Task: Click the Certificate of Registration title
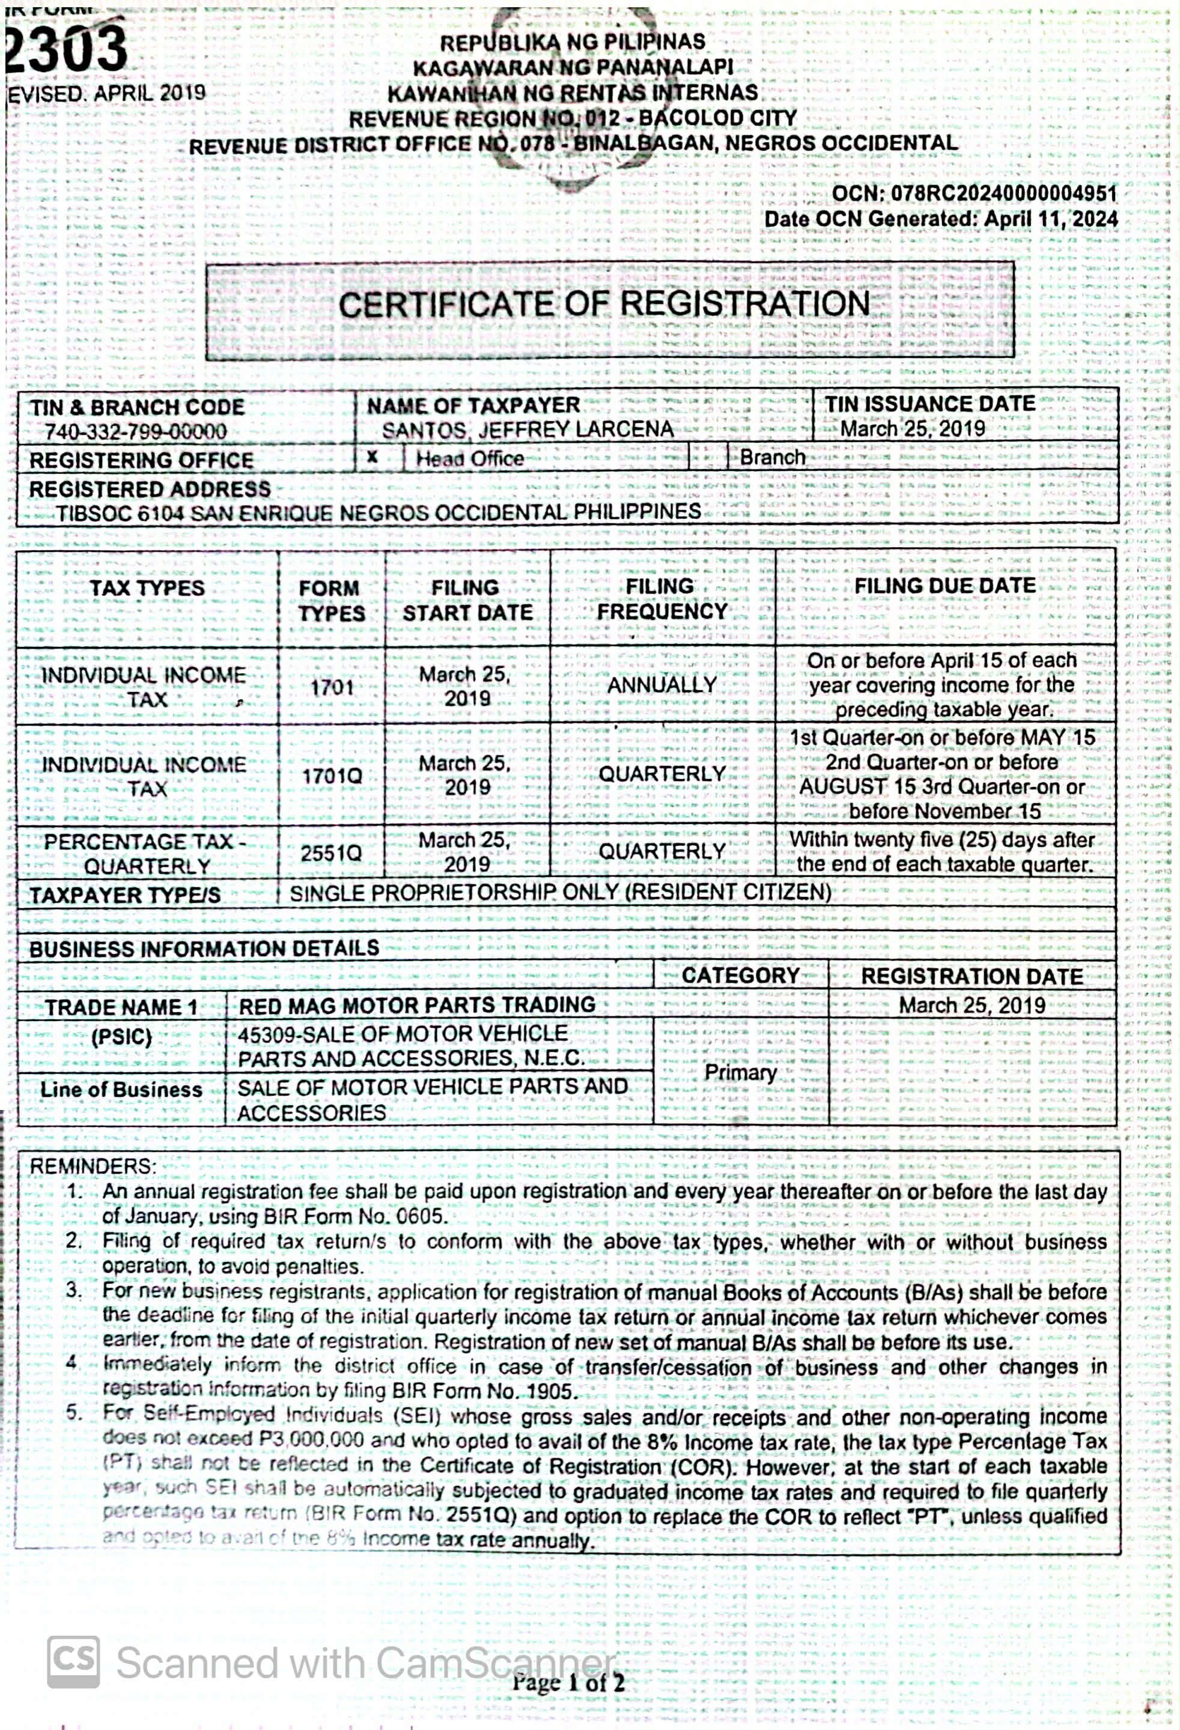604,305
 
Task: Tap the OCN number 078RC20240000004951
1003,193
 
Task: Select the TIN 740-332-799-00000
136,432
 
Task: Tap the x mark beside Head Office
373,457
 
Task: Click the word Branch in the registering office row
772,457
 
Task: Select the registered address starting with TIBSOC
378,512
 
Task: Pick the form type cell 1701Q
332,775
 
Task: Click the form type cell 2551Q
331,853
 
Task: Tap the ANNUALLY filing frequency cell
662,685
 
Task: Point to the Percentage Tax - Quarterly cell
146,854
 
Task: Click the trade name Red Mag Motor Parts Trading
416,1005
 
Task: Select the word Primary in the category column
740,1072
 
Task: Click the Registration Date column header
972,977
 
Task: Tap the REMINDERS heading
93,1166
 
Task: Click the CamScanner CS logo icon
73,1662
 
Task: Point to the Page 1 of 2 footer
567,1681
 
